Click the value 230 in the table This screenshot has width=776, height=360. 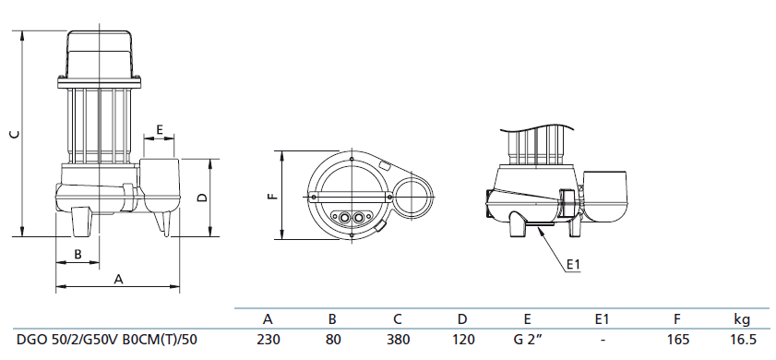pyautogui.click(x=269, y=340)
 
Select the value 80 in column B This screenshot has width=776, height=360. pyautogui.click(x=332, y=340)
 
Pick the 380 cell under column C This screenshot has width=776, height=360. pyautogui.click(x=398, y=340)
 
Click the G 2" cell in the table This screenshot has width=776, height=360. pyautogui.click(x=527, y=340)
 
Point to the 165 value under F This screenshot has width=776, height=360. pyautogui.click(x=677, y=340)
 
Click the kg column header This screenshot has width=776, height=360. pyautogui.click(x=742, y=319)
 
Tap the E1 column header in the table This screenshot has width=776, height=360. pyautogui.click(x=602, y=318)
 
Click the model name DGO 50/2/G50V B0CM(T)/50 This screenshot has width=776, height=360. pyautogui.click(x=107, y=341)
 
